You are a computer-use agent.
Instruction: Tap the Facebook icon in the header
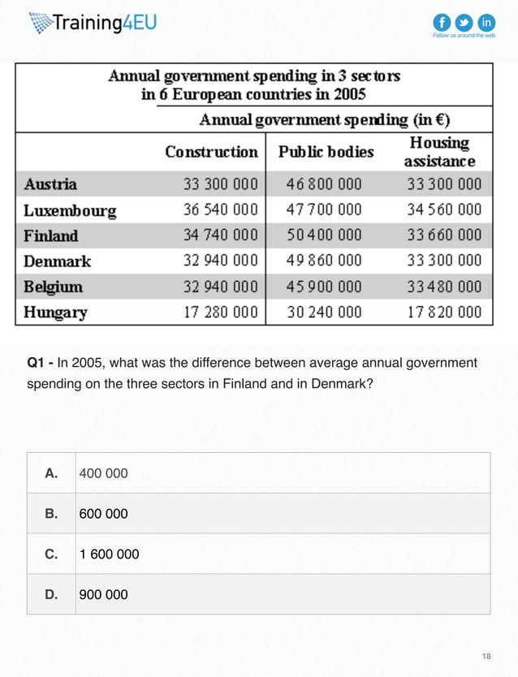[442, 22]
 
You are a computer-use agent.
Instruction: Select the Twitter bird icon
[464, 22]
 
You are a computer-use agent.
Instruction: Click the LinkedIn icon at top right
[486, 22]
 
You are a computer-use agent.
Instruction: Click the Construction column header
[211, 152]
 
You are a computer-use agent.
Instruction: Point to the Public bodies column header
[326, 152]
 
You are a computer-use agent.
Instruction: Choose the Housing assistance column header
[439, 152]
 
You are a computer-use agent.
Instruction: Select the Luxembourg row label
[70, 210]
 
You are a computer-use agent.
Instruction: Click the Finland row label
[51, 236]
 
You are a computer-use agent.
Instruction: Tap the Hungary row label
[55, 312]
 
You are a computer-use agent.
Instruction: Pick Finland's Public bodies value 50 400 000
[324, 236]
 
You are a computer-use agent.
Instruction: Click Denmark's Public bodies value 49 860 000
[324, 261]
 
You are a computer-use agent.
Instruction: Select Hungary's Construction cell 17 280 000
[220, 312]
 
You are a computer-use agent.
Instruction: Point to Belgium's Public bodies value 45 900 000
[324, 287]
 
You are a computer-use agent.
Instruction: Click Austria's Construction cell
[220, 184]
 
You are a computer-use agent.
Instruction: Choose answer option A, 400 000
[103, 472]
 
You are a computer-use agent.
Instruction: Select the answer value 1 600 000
[109, 554]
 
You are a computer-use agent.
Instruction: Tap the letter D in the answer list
[51, 594]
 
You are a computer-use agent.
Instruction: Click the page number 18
[486, 655]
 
